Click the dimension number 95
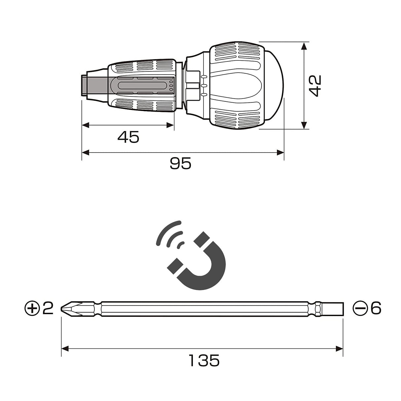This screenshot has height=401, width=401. click(180, 164)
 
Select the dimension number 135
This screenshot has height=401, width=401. click(204, 360)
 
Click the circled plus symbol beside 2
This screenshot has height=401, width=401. click(32, 308)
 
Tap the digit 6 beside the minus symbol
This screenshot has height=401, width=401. click(376, 308)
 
